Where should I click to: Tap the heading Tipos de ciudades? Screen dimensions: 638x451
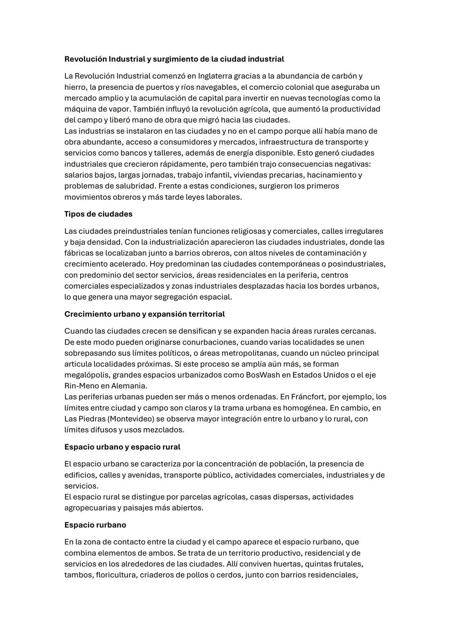coord(98,214)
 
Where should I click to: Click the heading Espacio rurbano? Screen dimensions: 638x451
coord(95,525)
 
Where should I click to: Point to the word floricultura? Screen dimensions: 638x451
coord(116,575)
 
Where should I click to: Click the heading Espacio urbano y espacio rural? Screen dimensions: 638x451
coord(122,447)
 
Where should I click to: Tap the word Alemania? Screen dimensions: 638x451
coord(129,386)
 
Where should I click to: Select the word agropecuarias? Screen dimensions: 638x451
coord(90,508)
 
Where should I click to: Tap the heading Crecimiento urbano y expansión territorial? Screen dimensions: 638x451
coord(144,314)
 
